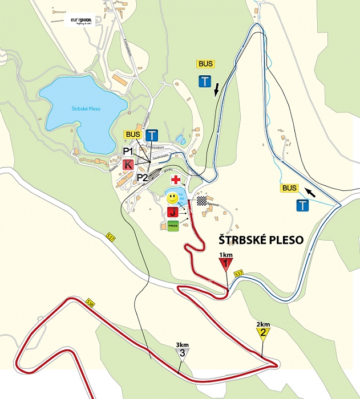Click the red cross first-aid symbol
pos(176,180)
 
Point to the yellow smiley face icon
pos(172,199)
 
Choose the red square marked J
pos(172,213)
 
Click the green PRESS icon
pos(172,225)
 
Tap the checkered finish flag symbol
pos(201,200)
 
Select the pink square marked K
pos(128,164)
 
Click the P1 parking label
pos(128,151)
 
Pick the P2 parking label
pos(142,177)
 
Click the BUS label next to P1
pos(133,135)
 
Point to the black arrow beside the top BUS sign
pos(216,89)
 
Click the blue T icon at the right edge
pos(302,205)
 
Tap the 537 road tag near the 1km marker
pos(239,273)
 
